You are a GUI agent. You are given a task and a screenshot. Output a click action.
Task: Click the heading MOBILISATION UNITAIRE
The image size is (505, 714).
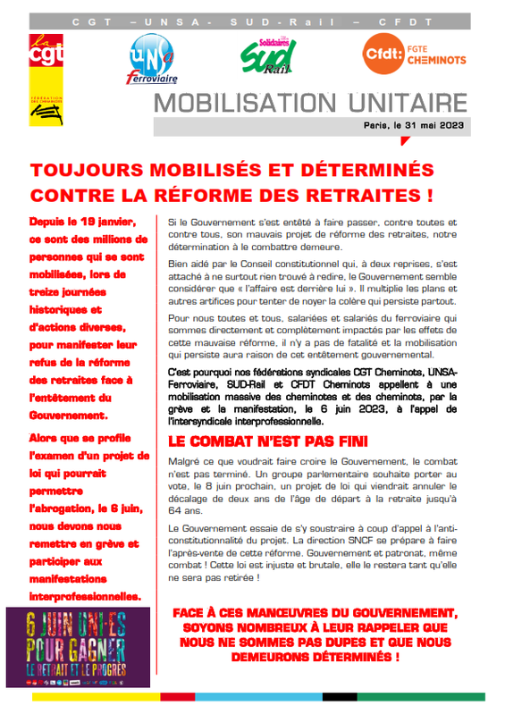point(312,102)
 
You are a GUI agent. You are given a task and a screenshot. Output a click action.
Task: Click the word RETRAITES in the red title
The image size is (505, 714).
point(358,194)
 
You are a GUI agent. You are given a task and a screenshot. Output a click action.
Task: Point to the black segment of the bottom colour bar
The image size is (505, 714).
point(341,696)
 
